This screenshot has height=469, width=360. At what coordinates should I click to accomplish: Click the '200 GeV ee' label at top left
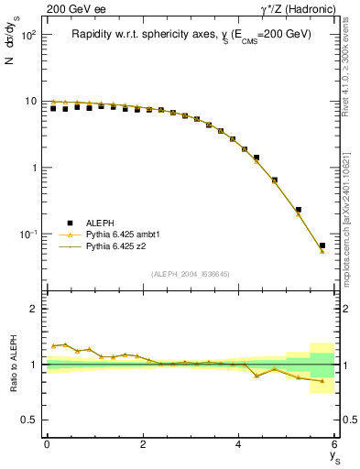pyautogui.click(x=71, y=8)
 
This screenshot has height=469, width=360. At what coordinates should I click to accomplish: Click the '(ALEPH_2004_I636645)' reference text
pyautogui.click(x=190, y=273)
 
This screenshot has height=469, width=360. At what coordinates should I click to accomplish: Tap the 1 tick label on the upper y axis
pyautogui.click(x=35, y=168)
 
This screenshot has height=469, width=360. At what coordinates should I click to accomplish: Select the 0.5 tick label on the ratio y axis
pyautogui.click(x=31, y=420)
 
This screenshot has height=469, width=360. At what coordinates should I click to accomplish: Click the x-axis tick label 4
pyautogui.click(x=239, y=444)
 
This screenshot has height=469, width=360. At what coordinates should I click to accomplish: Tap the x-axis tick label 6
pyautogui.click(x=335, y=444)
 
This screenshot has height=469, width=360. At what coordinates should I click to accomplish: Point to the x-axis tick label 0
pyautogui.click(x=47, y=444)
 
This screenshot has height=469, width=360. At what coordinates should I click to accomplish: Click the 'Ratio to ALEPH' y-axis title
pyautogui.click(x=13, y=364)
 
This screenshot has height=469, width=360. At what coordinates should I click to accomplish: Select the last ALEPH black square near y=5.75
pyautogui.click(x=322, y=245)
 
